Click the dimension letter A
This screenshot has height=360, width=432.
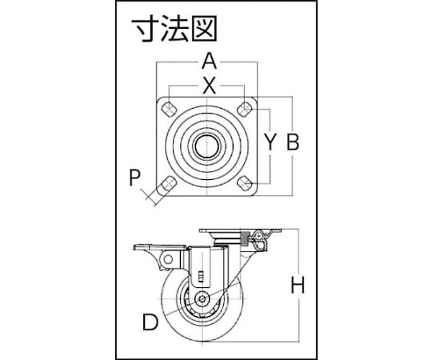click(210, 61)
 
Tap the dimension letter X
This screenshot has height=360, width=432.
click(210, 86)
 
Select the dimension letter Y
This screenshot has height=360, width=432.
click(270, 142)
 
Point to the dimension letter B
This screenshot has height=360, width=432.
click(293, 142)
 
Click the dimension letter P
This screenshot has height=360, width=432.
click(135, 178)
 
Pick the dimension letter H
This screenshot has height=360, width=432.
click(298, 285)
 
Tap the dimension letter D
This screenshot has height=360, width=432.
click(150, 322)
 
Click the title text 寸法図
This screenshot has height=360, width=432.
click(174, 28)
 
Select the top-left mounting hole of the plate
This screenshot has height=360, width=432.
click(169, 110)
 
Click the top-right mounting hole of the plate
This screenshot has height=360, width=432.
click(245, 108)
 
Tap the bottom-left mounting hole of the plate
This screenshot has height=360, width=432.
click(167, 184)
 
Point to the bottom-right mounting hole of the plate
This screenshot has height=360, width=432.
click(245, 183)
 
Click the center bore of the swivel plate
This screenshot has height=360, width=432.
click(207, 146)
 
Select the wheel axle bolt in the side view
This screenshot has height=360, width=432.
click(202, 299)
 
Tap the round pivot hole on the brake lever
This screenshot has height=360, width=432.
click(168, 259)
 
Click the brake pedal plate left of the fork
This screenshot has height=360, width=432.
click(160, 247)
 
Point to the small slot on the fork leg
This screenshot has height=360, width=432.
click(201, 276)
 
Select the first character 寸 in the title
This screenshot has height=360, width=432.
click(144, 28)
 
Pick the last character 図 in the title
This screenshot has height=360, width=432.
click(205, 28)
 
